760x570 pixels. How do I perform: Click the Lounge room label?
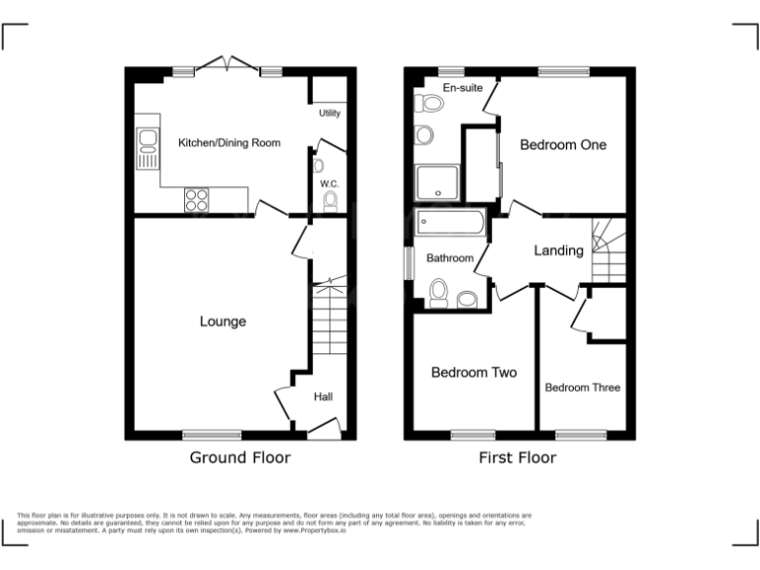[x=223, y=322]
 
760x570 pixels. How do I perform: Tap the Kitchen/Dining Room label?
[x=229, y=143]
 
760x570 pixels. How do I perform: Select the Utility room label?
[x=330, y=114]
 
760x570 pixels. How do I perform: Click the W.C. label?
[x=330, y=184]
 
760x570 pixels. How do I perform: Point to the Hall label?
[x=324, y=397]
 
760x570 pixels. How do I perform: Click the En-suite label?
[x=462, y=88]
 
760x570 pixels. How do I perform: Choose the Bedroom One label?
[x=563, y=144]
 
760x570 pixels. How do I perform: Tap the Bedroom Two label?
[x=474, y=373]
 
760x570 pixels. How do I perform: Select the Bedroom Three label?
[x=583, y=387]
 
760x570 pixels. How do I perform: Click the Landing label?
[x=558, y=250]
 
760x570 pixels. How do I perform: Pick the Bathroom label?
[x=450, y=258]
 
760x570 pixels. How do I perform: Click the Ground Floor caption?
[x=240, y=458]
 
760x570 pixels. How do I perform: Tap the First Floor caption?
[x=517, y=458]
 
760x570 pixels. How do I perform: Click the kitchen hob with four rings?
[x=196, y=199]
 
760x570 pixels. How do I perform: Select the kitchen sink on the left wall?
[x=147, y=147]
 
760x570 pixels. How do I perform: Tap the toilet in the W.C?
[x=331, y=202]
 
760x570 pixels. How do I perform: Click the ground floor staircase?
[x=328, y=323]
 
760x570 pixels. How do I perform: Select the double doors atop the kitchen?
[x=228, y=64]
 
